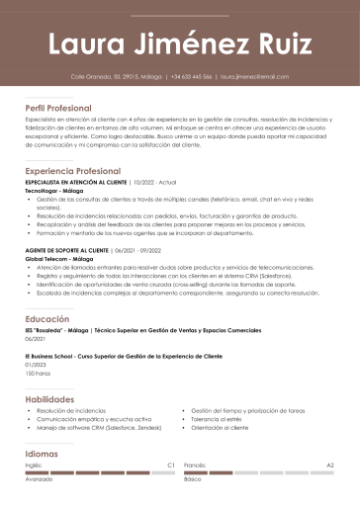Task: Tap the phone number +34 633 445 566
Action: (x=191, y=76)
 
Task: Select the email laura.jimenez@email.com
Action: (x=254, y=76)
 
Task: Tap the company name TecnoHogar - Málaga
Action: (x=55, y=192)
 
